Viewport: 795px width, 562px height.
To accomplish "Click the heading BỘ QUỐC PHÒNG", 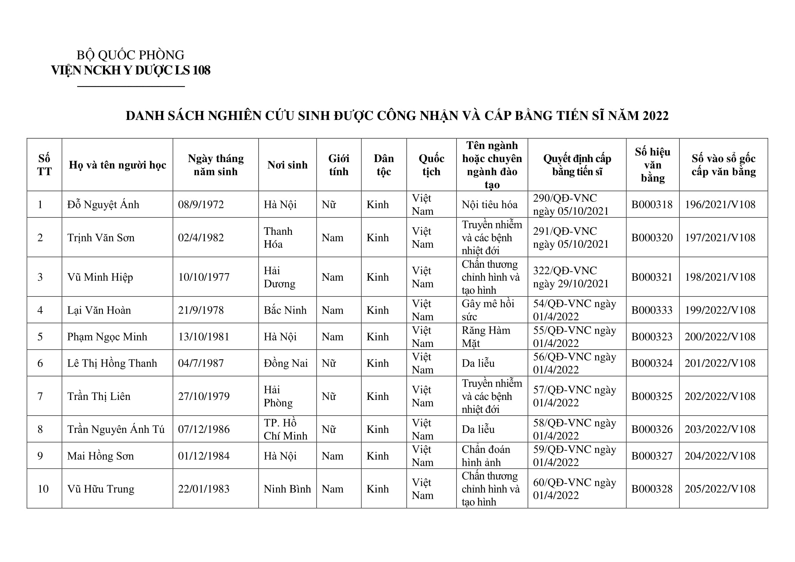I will click(x=130, y=55).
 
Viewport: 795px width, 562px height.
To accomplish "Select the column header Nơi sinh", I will click(x=287, y=165).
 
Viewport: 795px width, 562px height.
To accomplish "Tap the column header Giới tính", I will click(x=338, y=165).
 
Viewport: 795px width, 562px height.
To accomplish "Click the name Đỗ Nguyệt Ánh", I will click(x=103, y=205).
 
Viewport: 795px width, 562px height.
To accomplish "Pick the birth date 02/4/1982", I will click(x=201, y=238).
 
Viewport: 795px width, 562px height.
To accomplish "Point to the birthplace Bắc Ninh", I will click(x=285, y=310).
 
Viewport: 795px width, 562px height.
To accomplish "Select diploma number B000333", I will click(x=652, y=310).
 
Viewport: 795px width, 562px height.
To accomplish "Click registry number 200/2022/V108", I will click(x=720, y=337).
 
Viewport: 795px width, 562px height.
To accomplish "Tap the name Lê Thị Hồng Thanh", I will click(x=112, y=363).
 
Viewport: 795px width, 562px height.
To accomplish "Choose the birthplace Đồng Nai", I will click(x=286, y=363).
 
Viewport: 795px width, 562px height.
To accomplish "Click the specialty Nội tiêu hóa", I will click(x=489, y=205).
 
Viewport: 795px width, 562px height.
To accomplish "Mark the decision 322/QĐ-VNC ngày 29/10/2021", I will click(x=571, y=277).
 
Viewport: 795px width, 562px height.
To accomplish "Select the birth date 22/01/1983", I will click(x=204, y=489).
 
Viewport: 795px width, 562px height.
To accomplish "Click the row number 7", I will click(x=40, y=396).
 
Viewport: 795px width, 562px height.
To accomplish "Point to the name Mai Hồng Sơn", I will click(x=100, y=456).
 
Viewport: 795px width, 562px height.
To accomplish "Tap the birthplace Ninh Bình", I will click(x=287, y=489).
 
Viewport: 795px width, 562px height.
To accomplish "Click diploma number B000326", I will click(x=652, y=429).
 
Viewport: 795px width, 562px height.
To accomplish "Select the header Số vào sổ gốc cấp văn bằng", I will click(x=723, y=165).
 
